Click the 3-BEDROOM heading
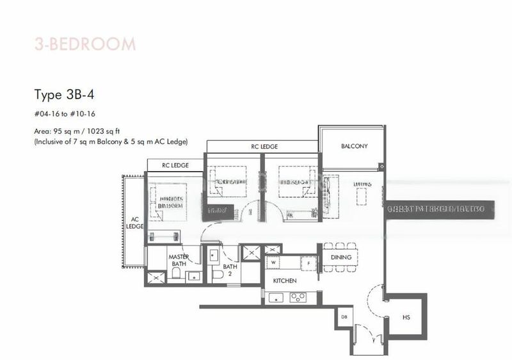click(x=84, y=45)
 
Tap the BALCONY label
click(x=354, y=146)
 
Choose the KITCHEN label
click(x=284, y=281)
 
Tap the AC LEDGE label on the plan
click(x=134, y=222)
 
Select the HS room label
click(x=406, y=316)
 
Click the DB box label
click(x=344, y=316)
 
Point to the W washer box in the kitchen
click(x=273, y=262)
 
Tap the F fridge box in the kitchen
click(x=309, y=262)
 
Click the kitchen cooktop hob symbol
click(x=298, y=297)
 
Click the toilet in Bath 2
click(x=216, y=274)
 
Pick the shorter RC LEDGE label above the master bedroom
click(x=175, y=165)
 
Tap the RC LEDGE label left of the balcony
click(x=264, y=147)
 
